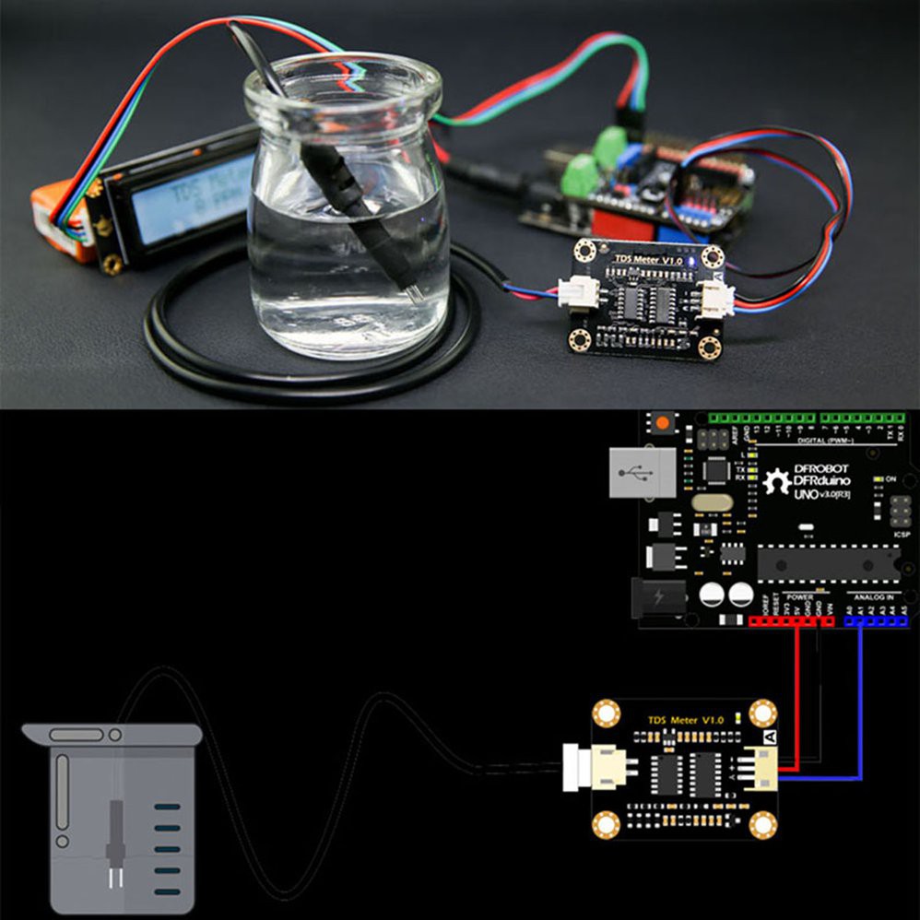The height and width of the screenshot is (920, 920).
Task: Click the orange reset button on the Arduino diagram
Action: click(x=662, y=423)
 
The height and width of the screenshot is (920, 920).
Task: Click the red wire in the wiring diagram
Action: click(x=797, y=701)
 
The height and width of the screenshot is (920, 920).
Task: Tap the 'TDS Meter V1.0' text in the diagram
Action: click(x=686, y=719)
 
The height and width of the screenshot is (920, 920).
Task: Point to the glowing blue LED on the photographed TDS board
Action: click(x=678, y=261)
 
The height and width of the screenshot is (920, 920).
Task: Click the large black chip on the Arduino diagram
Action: click(x=828, y=563)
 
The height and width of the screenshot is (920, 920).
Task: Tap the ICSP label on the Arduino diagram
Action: click(x=902, y=534)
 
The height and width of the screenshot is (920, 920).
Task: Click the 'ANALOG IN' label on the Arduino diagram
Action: click(x=875, y=596)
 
